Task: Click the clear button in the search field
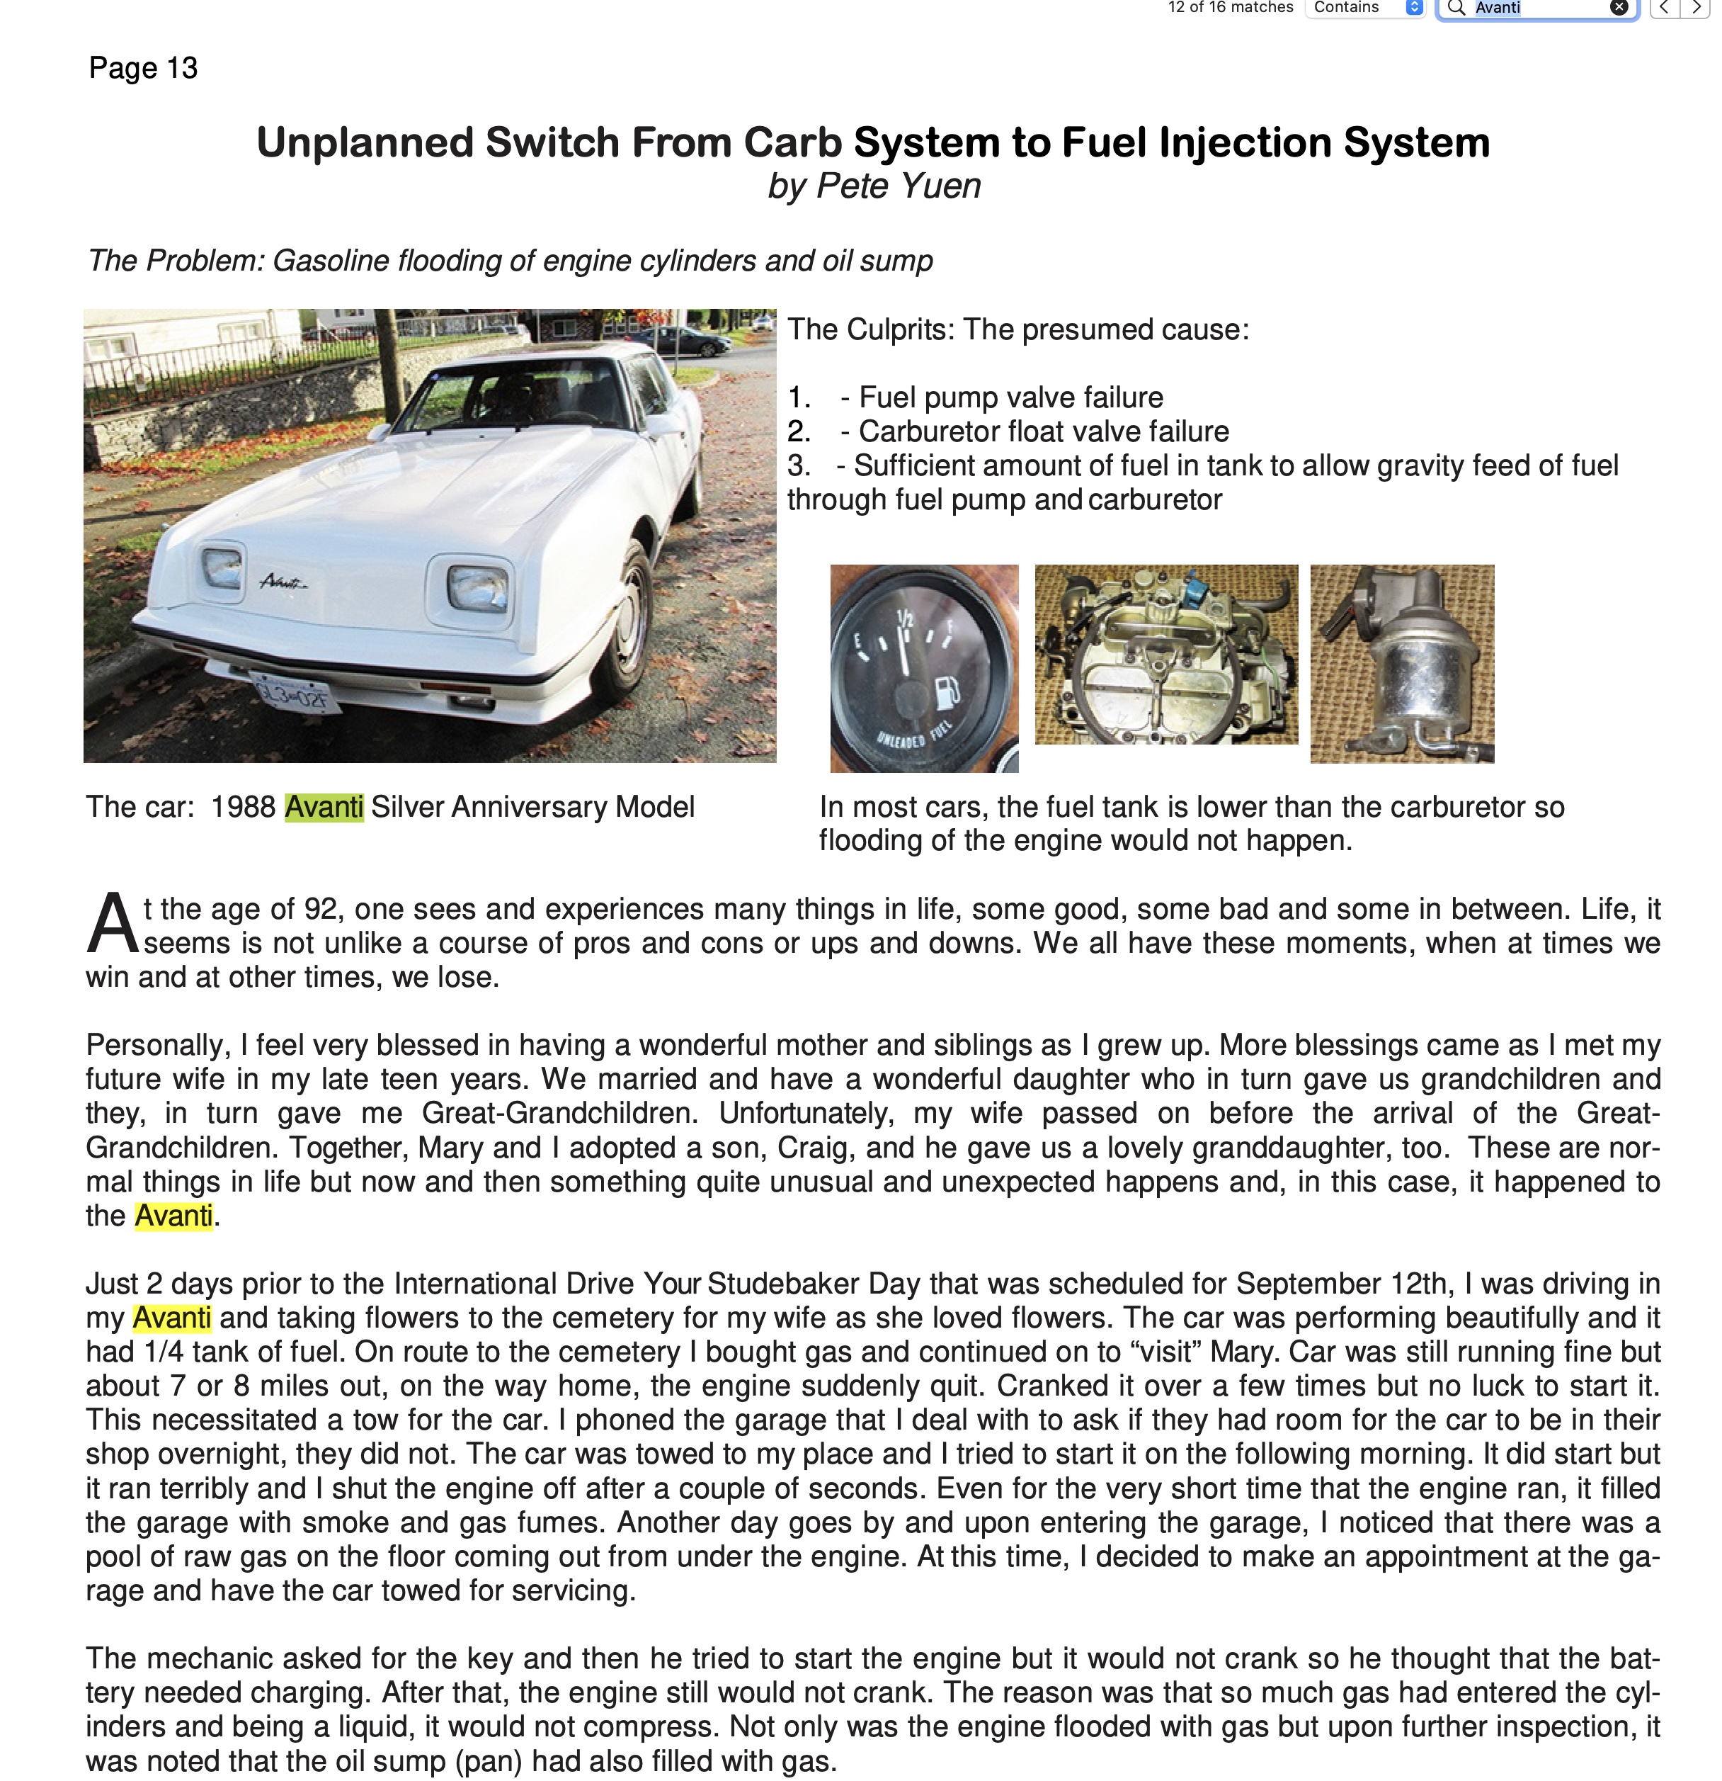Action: pyautogui.click(x=1619, y=9)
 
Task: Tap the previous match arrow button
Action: pyautogui.click(x=1664, y=9)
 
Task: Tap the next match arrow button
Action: pyautogui.click(x=1696, y=9)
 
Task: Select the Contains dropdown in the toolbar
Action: pyautogui.click(x=1363, y=9)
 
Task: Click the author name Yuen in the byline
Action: pyautogui.click(x=942, y=186)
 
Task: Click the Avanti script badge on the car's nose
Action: pyautogui.click(x=283, y=582)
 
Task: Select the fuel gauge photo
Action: pyautogui.click(x=924, y=668)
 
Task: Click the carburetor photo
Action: pyautogui.click(x=1166, y=655)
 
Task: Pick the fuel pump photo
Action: pyautogui.click(x=1401, y=663)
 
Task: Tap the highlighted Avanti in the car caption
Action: pyautogui.click(x=324, y=807)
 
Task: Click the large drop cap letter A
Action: pyautogui.click(x=112, y=925)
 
